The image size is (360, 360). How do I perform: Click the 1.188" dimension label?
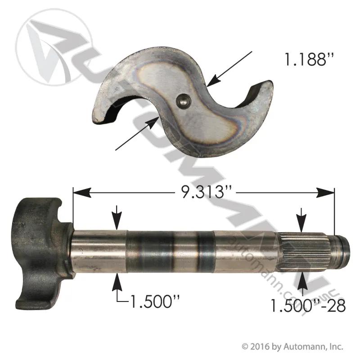point(308,59)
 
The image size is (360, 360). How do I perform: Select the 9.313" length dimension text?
point(202,192)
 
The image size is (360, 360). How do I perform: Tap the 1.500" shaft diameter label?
point(154,301)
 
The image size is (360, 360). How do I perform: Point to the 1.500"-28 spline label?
point(308,306)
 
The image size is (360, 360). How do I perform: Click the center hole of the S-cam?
point(183,100)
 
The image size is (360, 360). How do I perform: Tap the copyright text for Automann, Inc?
point(292,346)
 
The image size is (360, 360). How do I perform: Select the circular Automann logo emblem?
point(54,48)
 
